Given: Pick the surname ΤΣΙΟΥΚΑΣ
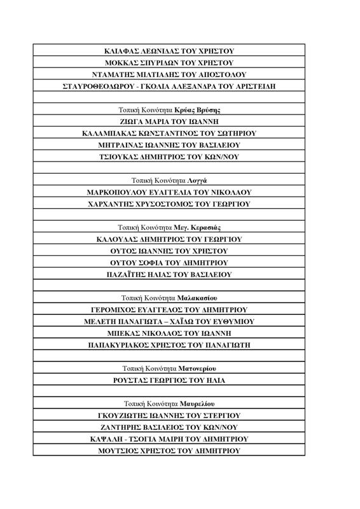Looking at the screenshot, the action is point(123,157).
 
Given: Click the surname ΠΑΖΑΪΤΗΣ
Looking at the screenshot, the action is point(128,274).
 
